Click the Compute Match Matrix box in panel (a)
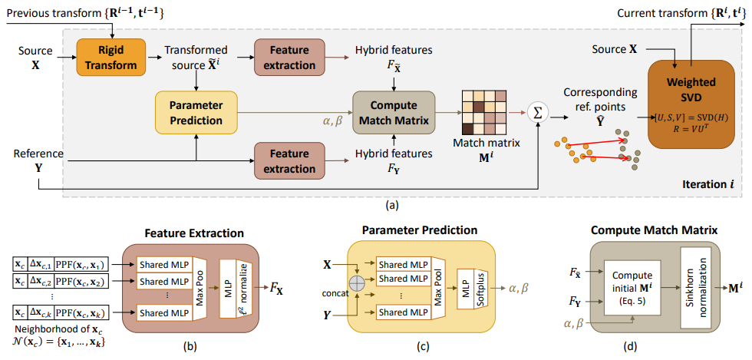(393, 112)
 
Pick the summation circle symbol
(536, 113)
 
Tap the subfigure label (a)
(375, 205)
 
